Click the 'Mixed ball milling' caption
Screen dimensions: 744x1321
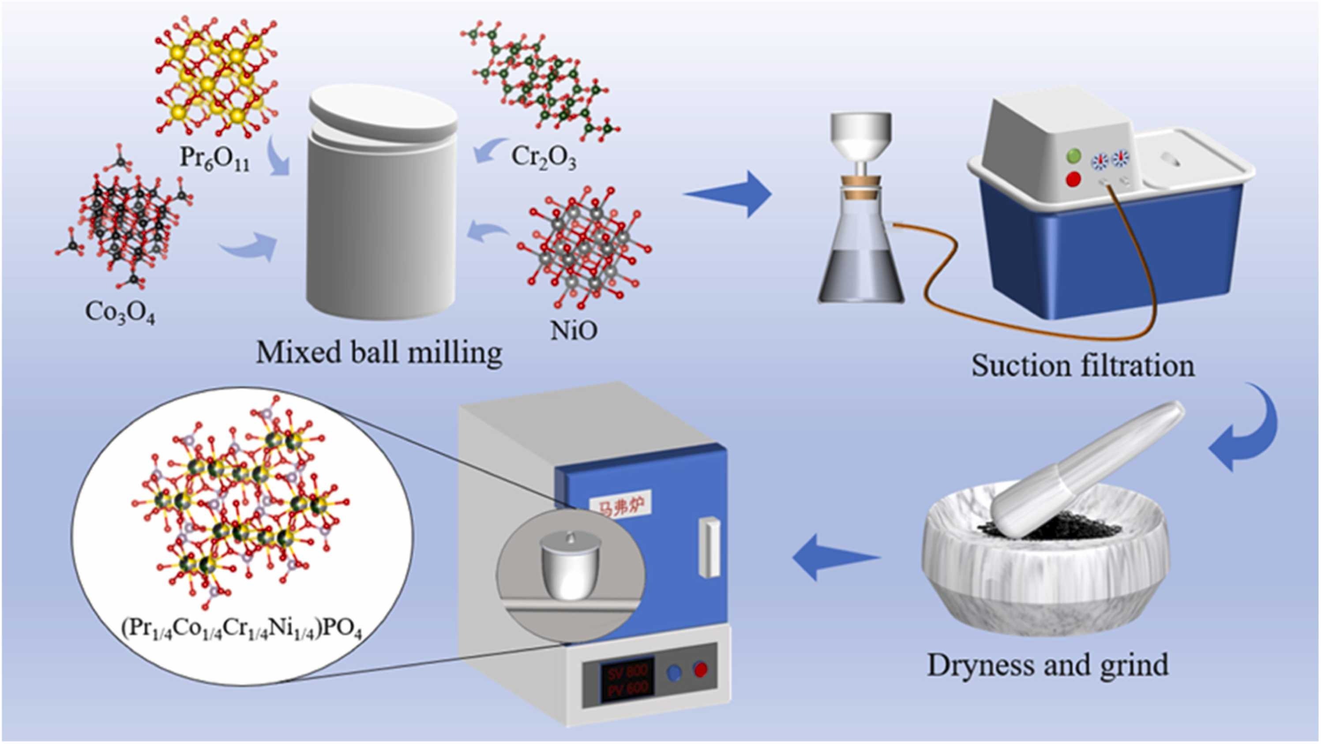coord(379,354)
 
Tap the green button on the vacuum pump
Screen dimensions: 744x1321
coord(1073,155)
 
